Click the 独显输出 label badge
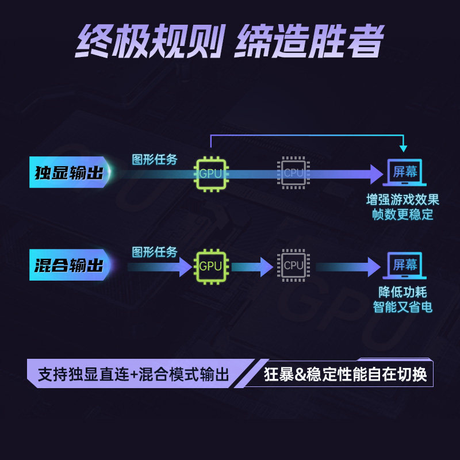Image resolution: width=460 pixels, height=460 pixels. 68,172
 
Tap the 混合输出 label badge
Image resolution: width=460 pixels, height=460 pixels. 68,265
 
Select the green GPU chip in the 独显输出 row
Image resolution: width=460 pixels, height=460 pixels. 210,172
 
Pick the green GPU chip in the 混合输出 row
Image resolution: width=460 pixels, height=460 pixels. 210,266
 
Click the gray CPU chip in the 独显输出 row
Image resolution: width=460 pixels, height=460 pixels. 293,172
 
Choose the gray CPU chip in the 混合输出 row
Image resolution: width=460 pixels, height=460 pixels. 293,265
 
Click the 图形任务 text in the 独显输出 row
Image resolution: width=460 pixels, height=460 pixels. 155,159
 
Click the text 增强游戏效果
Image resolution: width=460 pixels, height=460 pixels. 402,200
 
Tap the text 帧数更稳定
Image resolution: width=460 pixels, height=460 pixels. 402,215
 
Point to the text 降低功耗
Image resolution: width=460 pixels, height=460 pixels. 402,292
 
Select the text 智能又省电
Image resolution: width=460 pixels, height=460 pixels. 402,307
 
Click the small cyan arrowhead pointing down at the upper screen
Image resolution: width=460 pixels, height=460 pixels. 404,146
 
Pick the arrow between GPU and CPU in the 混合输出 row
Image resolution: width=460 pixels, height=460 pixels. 252,266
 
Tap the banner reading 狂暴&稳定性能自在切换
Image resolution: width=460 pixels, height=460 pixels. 345,375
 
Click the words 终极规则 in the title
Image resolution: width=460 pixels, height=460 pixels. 148,42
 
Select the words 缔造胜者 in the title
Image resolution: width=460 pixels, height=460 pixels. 308,42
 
